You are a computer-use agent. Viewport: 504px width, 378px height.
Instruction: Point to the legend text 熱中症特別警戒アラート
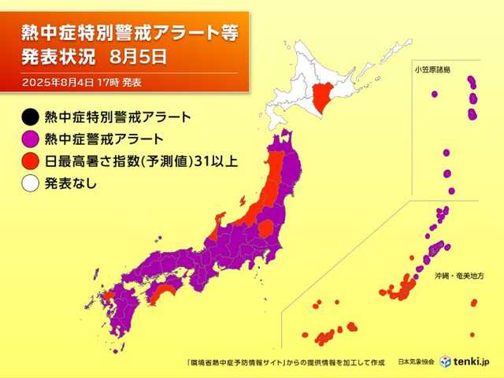pos(118,118)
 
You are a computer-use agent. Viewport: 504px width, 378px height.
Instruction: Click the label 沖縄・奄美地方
pos(458,277)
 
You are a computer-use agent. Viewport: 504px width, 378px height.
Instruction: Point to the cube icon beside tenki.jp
pos(446,361)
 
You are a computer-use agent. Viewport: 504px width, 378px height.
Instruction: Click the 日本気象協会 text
pos(416,361)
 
